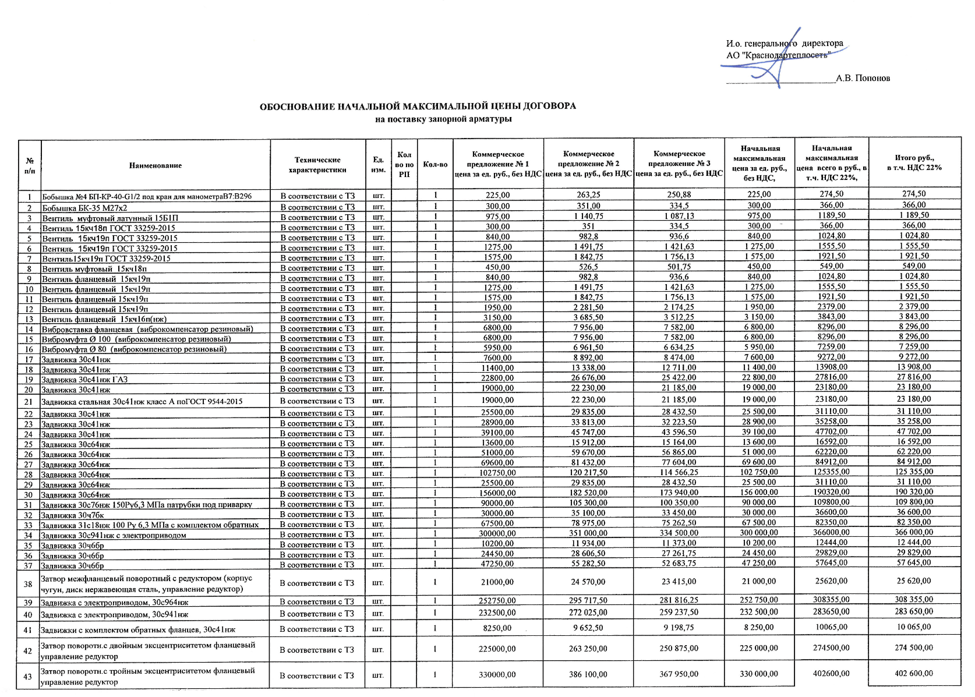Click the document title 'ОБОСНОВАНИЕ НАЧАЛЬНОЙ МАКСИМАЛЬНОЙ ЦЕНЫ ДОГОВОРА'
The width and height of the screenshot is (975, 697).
[417, 107]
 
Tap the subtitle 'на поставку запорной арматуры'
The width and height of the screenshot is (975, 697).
[443, 119]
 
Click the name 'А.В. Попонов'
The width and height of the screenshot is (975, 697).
[863, 79]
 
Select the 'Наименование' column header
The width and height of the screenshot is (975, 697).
[156, 166]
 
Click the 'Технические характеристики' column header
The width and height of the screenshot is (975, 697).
[317, 165]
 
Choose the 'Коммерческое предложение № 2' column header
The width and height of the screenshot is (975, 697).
[588, 164]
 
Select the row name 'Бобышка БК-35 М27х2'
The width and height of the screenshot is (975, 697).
[84, 208]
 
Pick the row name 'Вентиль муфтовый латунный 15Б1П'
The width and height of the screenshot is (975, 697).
[110, 218]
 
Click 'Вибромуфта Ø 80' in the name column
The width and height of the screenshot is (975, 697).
[134, 349]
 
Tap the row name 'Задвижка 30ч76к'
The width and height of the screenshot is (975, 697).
[72, 515]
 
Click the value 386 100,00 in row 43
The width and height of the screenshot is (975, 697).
[588, 674]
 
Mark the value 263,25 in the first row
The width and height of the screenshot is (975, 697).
[588, 195]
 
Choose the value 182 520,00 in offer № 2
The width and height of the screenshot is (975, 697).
[588, 493]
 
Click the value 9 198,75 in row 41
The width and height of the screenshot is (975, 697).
[679, 628]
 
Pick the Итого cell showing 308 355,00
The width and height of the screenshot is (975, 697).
[914, 599]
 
